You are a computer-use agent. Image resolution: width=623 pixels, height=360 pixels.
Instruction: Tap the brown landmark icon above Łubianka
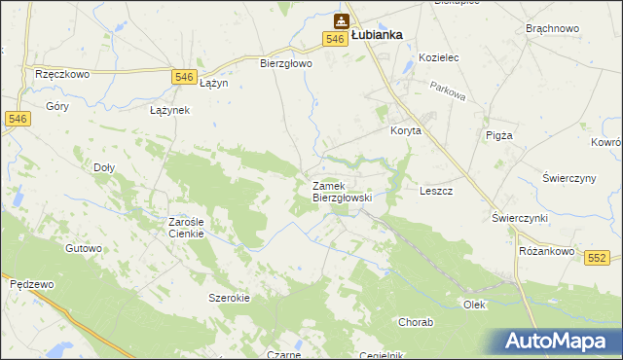tap(342, 19)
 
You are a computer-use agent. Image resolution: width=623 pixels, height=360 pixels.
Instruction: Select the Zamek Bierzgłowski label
tap(342, 191)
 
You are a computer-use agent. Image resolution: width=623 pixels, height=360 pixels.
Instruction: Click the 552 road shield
tap(598, 257)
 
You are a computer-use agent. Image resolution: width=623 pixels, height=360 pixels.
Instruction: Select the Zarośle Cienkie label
tap(185, 227)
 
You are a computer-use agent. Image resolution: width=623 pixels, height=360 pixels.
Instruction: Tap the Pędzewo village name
tap(29, 284)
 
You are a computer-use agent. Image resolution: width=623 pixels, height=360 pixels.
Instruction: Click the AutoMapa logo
tap(559, 341)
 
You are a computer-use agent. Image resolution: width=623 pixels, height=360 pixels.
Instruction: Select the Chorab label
tap(416, 321)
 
